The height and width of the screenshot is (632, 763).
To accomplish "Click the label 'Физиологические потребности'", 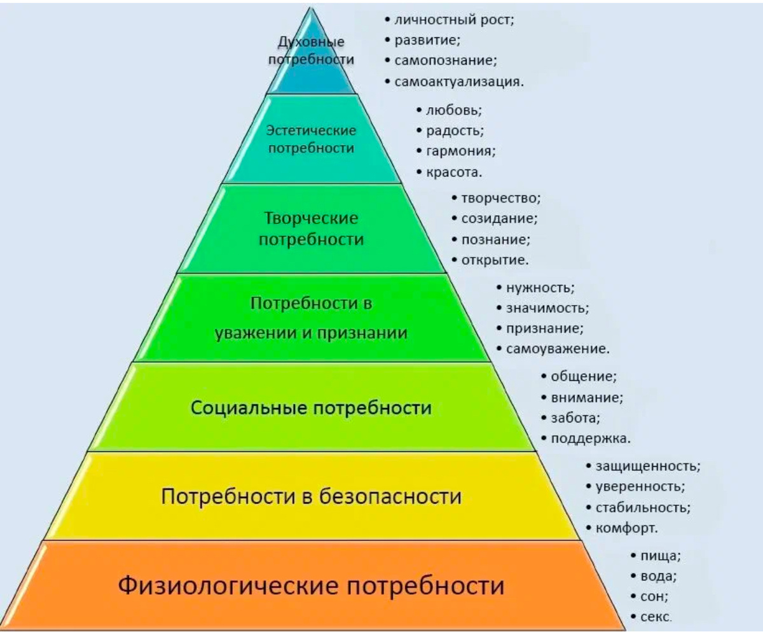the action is [312, 586].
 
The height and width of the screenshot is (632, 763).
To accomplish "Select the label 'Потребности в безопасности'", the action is [312, 496].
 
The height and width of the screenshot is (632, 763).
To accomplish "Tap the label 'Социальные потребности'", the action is [312, 407].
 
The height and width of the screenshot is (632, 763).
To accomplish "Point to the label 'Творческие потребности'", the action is [312, 229].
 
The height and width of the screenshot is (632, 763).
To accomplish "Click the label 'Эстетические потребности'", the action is [312, 139].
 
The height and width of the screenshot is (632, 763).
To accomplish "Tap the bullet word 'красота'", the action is [454, 172].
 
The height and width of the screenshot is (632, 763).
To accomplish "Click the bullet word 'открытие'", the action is [495, 260].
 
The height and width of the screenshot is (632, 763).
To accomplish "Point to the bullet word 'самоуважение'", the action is [557, 349].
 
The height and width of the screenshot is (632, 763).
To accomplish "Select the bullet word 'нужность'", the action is [540, 288].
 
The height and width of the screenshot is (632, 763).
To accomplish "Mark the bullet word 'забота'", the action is [575, 418].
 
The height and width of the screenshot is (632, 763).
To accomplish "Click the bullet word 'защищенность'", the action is [647, 466].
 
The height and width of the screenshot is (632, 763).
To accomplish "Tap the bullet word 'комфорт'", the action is [626, 528].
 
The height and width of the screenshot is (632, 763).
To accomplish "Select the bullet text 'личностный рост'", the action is [453, 20].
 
